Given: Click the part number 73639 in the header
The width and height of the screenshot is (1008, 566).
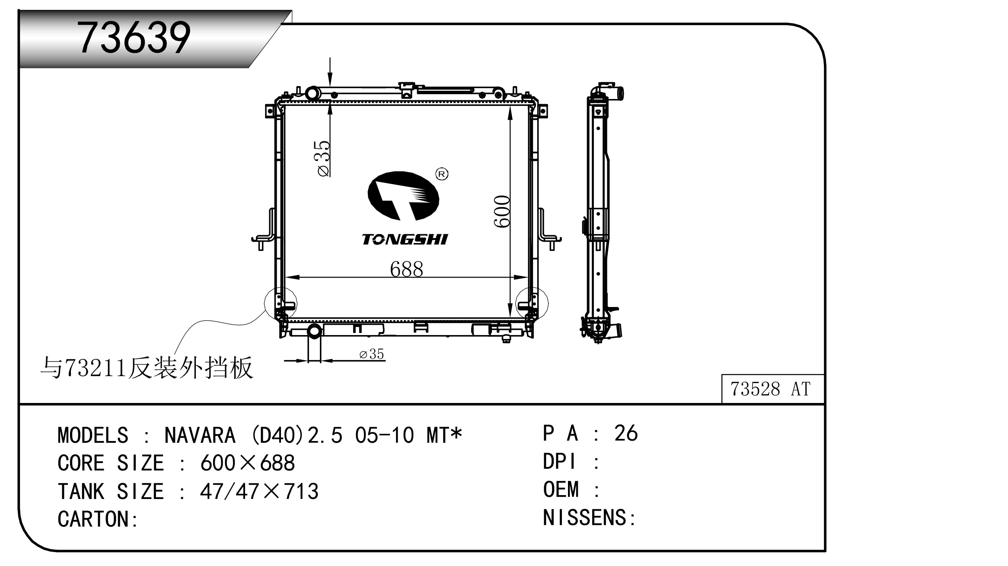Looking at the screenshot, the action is (134, 38).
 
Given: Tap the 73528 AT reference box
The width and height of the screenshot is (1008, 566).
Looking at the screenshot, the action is (773, 389).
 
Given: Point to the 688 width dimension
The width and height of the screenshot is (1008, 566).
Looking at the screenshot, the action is (406, 269).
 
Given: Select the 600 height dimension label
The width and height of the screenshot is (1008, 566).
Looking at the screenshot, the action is (502, 211).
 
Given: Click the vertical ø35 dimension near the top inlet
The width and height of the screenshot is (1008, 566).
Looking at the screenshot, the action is (323, 158).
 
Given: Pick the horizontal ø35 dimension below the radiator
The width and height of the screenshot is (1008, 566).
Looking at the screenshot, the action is (372, 354).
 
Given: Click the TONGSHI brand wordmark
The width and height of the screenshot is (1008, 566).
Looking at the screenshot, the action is (405, 239).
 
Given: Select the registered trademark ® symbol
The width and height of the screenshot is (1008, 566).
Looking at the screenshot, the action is (441, 174).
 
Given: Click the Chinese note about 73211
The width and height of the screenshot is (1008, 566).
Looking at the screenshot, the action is (147, 368).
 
